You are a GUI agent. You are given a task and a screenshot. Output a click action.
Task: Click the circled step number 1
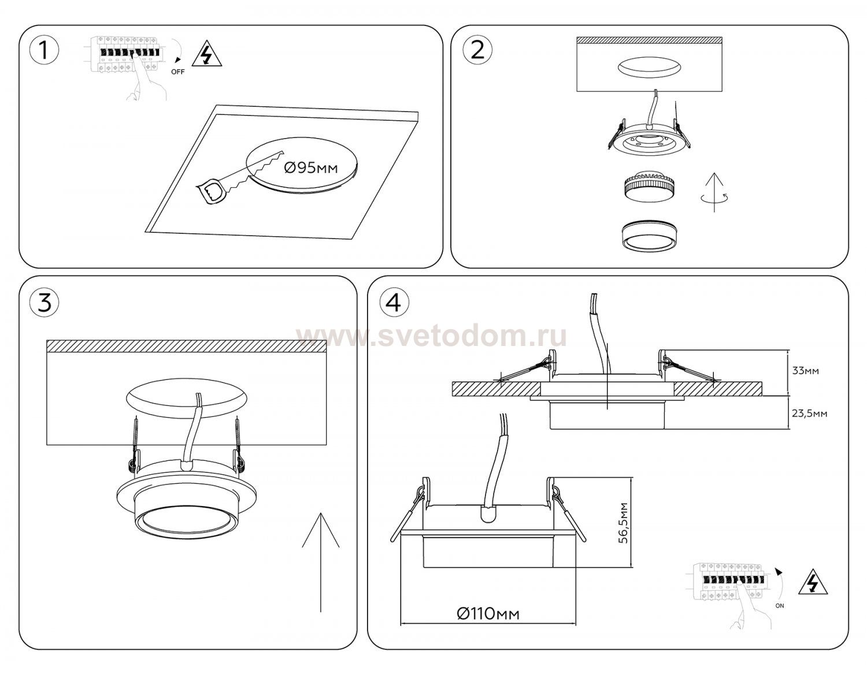tap(45, 51)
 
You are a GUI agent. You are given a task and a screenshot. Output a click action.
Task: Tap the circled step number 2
tap(477, 51)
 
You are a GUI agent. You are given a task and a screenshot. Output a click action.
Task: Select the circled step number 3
tap(45, 302)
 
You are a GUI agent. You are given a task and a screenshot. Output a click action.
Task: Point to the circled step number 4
tap(395, 302)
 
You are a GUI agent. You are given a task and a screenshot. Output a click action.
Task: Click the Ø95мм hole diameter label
tap(311, 168)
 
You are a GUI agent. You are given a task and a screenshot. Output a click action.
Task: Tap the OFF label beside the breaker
tap(177, 72)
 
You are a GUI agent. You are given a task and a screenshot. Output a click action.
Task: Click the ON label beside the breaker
tap(779, 606)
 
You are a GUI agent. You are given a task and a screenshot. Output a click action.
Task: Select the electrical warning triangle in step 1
tap(207, 54)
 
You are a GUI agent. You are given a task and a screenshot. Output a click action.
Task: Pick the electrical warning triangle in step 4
tap(813, 584)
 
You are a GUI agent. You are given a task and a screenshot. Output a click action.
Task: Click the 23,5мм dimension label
tap(810, 414)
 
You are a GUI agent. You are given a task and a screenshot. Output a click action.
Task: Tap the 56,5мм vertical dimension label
tap(623, 523)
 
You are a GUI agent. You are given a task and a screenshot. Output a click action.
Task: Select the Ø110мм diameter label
tap(488, 613)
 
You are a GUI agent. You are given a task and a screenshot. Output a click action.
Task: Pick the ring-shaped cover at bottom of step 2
tap(649, 236)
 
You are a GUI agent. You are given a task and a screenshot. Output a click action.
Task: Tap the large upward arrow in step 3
tap(321, 562)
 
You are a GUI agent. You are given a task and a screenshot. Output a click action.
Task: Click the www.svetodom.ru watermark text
tap(431, 337)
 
